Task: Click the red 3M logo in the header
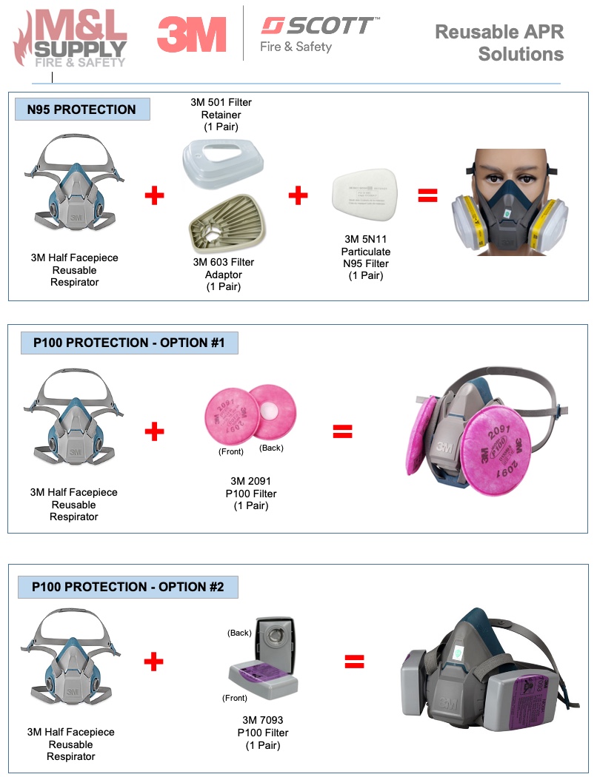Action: pyautogui.click(x=191, y=35)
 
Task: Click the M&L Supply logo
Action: pyautogui.click(x=70, y=37)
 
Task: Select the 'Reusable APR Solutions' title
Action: pyautogui.click(x=499, y=43)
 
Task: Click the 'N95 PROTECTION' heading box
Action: pyautogui.click(x=82, y=110)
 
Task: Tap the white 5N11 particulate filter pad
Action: pyautogui.click(x=367, y=198)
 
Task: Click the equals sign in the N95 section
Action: pyautogui.click(x=427, y=196)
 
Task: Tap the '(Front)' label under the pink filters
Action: pyautogui.click(x=232, y=451)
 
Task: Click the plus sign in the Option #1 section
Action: pyautogui.click(x=154, y=431)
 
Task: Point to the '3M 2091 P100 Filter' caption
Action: pyautogui.click(x=251, y=493)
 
